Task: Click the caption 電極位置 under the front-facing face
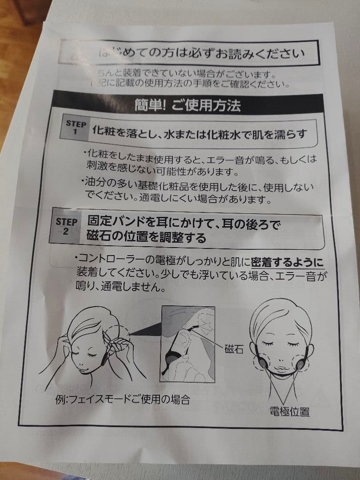click(289, 412)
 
